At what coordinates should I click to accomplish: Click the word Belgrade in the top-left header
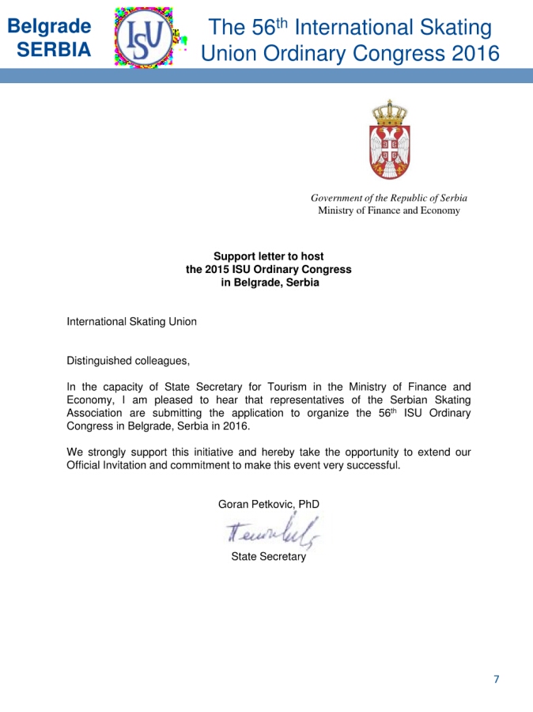click(x=49, y=25)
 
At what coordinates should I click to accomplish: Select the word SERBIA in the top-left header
click(x=54, y=50)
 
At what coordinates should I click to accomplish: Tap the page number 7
click(x=496, y=679)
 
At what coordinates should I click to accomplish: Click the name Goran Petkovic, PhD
click(x=268, y=504)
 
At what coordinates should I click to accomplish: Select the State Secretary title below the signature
click(x=268, y=557)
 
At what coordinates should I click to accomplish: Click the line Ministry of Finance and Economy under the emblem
click(x=388, y=210)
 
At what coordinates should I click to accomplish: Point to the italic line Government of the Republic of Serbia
click(x=388, y=198)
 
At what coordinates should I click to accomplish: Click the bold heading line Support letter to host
click(x=269, y=256)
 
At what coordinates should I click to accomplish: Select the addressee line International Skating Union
click(x=131, y=322)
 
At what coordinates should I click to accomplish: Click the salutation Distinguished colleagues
click(x=128, y=361)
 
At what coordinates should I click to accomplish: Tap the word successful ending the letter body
click(x=372, y=465)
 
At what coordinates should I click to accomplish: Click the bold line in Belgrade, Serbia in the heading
click(x=270, y=282)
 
